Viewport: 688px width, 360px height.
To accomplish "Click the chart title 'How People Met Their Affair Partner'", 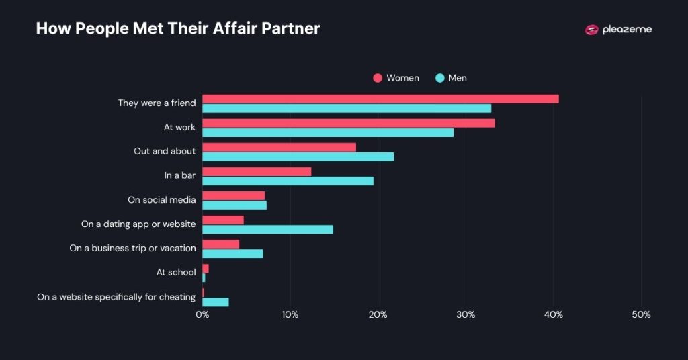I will (177, 29).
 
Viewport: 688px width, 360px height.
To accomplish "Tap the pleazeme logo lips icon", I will (591, 30).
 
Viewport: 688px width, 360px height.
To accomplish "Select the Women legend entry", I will (396, 78).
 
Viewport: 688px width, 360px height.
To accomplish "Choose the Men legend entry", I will (451, 78).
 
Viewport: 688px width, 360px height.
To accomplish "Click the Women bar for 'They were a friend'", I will (380, 99).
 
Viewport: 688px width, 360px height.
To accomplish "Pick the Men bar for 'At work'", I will (328, 132).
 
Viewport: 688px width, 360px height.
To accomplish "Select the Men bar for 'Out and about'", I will (298, 156).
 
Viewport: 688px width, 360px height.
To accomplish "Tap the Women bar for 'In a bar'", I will (257, 171).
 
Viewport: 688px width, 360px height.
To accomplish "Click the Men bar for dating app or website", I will (267, 229).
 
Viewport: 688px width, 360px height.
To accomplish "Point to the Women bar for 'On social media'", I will (233, 195).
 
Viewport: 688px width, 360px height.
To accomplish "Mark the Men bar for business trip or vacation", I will (232, 253).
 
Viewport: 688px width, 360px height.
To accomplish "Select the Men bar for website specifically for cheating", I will (216, 302).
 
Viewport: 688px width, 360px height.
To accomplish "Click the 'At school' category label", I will (176, 272).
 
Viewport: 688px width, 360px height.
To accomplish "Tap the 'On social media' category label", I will (161, 200).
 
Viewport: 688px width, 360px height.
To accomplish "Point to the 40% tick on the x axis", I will (553, 315).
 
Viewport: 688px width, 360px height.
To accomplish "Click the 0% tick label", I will (202, 315).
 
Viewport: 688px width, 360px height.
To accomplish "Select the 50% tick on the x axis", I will (641, 315).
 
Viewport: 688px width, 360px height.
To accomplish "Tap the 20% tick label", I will (378, 315).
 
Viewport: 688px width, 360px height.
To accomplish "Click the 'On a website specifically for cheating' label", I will (116, 296).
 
